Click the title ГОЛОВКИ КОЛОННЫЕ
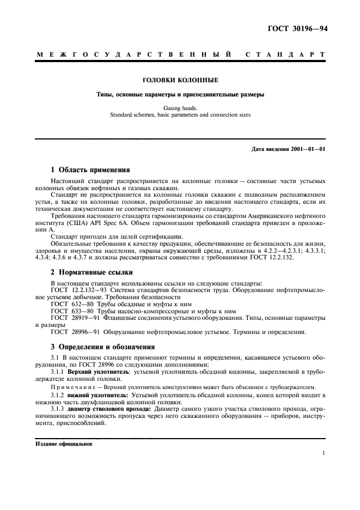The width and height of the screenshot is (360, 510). pyautogui.click(x=180, y=80)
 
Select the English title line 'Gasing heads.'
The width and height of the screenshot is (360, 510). pyautogui.click(x=180, y=108)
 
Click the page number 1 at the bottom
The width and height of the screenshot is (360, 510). pyautogui.click(x=324, y=453)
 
